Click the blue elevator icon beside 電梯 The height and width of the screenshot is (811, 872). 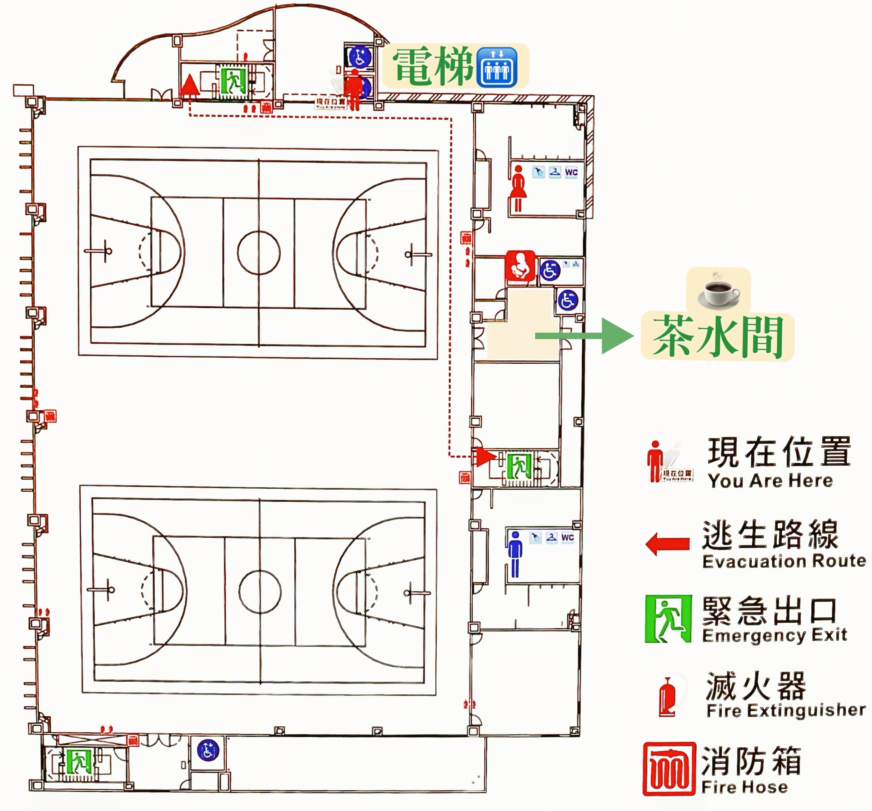pyautogui.click(x=497, y=67)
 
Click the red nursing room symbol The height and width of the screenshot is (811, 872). pyautogui.click(x=520, y=265)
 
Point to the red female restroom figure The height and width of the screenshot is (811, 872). pyautogui.click(x=518, y=188)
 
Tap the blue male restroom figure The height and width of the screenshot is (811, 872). pyautogui.click(x=515, y=554)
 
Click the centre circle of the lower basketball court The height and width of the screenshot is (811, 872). pyautogui.click(x=260, y=591)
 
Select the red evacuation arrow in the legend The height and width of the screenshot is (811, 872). pyautogui.click(x=667, y=544)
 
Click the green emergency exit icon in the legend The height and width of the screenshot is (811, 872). pyautogui.click(x=668, y=618)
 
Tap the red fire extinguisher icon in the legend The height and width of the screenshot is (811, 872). pyautogui.click(x=667, y=697)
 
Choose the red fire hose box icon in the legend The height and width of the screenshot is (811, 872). pyautogui.click(x=669, y=769)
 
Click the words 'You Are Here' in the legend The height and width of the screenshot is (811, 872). pyautogui.click(x=770, y=481)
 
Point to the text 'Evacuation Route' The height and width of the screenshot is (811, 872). pyautogui.click(x=784, y=561)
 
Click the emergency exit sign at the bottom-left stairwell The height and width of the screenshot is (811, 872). pyautogui.click(x=79, y=761)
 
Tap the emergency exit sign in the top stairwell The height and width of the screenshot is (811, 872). pyautogui.click(x=232, y=80)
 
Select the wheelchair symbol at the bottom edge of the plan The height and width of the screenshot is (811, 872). pyautogui.click(x=207, y=750)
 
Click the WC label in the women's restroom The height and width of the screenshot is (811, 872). pyautogui.click(x=571, y=172)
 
